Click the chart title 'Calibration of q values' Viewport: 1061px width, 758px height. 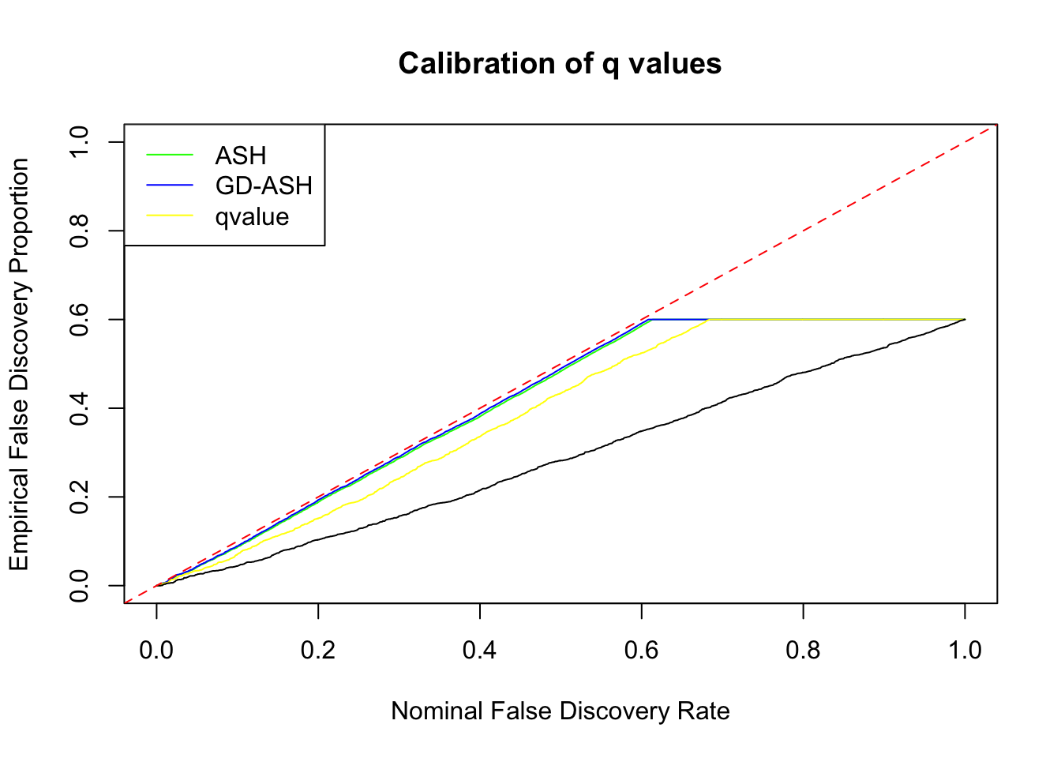click(x=560, y=63)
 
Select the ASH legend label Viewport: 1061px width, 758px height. click(x=240, y=156)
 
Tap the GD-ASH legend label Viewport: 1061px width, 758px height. click(x=264, y=186)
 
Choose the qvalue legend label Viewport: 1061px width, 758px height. click(x=252, y=216)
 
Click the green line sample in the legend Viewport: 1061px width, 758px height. click(x=170, y=156)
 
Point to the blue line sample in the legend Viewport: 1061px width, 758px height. click(x=170, y=186)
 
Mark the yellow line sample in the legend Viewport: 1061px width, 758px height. click(x=170, y=216)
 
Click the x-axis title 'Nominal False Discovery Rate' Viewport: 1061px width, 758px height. click(x=560, y=711)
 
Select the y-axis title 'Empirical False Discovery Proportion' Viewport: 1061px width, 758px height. click(x=19, y=364)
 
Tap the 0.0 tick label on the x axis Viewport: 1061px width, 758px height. click(x=156, y=650)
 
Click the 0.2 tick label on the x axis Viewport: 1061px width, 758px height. click(x=318, y=650)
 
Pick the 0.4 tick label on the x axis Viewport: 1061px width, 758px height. click(x=480, y=650)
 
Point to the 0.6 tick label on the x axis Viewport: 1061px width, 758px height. click(x=641, y=650)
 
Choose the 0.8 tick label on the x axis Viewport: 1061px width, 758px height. click(x=803, y=650)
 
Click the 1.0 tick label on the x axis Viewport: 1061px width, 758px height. click(x=965, y=650)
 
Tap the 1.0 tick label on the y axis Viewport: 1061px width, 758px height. click(x=79, y=142)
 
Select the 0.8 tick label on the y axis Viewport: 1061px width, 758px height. click(x=79, y=231)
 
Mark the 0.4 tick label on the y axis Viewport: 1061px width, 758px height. click(x=79, y=408)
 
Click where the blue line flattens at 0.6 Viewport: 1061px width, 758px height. click(x=649, y=319)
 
